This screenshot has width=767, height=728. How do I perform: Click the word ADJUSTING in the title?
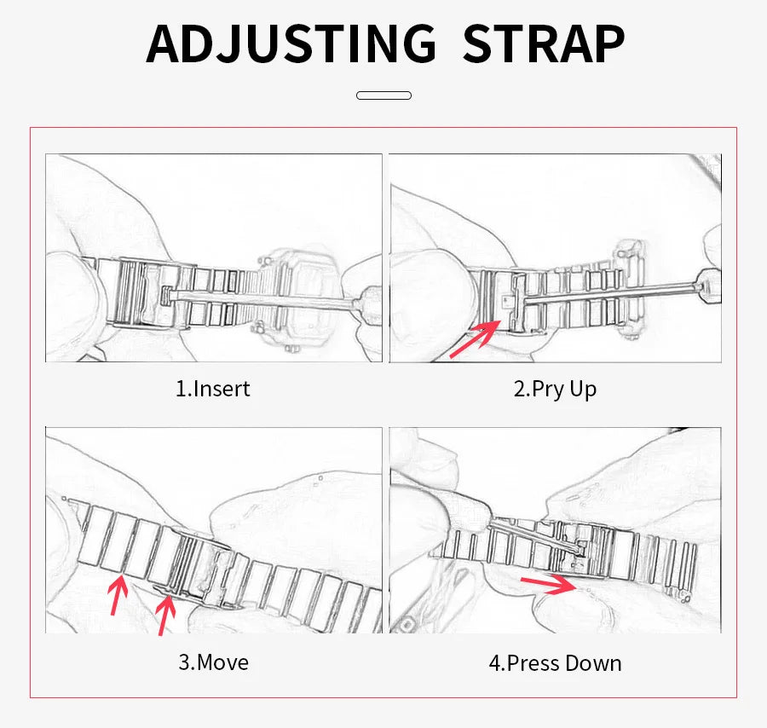coord(291,44)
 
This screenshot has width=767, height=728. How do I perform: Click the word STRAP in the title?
coord(544,44)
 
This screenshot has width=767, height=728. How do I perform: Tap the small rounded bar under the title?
coord(383,95)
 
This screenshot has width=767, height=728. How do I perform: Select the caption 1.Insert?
coord(213,389)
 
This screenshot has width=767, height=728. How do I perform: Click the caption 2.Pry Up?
coord(555,390)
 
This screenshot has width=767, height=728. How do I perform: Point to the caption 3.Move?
coord(213,662)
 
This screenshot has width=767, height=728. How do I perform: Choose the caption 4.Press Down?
coord(555,663)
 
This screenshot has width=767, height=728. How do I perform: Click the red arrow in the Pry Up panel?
coord(475,339)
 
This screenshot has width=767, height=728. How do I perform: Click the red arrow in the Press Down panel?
coord(549,584)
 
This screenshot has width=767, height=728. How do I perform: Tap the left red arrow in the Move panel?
coord(118,595)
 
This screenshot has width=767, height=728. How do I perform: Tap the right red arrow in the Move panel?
coord(165,615)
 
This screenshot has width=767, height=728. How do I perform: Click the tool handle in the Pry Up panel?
coord(708,286)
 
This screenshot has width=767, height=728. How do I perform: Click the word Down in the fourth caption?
coord(593,663)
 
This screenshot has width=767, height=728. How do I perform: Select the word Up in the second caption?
coord(584,390)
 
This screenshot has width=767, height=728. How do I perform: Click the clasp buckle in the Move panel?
coord(196,568)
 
